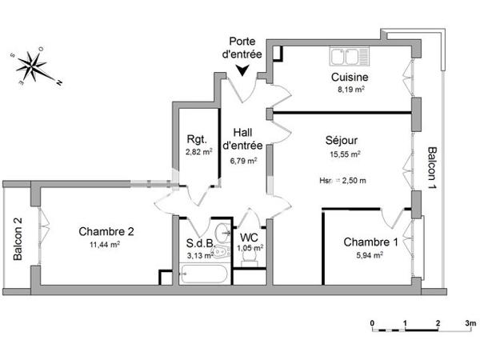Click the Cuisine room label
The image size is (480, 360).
point(350,78)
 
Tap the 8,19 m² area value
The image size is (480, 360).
point(350,90)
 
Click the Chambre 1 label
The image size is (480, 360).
point(370,242)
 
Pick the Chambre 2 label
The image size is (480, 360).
point(106,232)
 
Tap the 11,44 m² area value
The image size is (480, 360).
point(106,245)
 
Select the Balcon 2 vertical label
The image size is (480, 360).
point(17,240)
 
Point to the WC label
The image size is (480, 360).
point(250,238)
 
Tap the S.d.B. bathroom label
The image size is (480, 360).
point(199,243)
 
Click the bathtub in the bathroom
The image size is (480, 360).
point(205,276)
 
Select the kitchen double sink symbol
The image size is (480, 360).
point(346,57)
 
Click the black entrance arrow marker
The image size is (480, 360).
point(242,72)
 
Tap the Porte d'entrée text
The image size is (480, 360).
point(242,48)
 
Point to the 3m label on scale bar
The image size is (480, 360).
point(470,324)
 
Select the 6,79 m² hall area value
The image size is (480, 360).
point(243,160)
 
